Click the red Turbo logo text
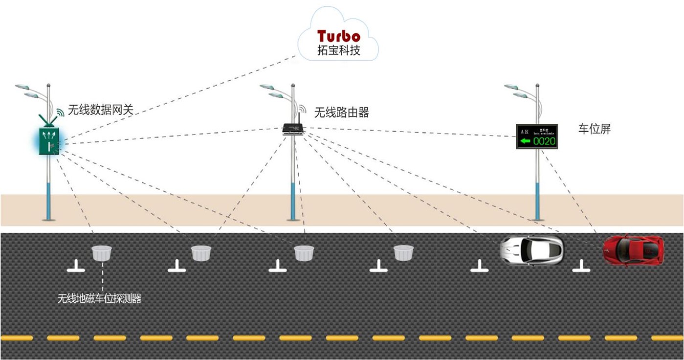338,36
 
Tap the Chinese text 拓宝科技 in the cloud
338,50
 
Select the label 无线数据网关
100,111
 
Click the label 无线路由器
341,112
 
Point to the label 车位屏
595,129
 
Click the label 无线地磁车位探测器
99,298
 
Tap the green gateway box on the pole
49,141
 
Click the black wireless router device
293,129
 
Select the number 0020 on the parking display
544,141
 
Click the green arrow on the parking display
525,141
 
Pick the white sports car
531,249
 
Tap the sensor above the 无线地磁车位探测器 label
102,253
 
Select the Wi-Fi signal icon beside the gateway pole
59,113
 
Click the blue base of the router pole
293,201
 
